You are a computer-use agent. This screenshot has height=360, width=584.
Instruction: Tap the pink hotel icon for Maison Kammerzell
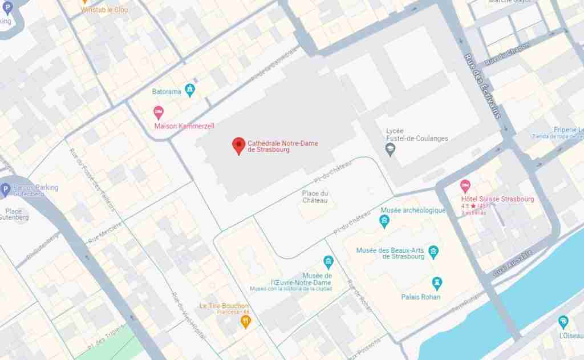point(159,112)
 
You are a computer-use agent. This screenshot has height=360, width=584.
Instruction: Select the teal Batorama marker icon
point(190,90)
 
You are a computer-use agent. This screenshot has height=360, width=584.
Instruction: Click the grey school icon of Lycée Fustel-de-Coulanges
point(391,150)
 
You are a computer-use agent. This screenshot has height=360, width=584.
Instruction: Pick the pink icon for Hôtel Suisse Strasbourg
point(465,186)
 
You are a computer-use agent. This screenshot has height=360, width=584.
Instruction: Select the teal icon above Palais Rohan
point(437,283)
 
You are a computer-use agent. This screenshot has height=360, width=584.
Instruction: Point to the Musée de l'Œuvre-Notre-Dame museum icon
point(328,262)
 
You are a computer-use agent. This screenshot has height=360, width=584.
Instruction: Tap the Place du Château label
point(315,197)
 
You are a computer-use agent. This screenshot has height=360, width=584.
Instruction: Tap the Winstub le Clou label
point(104,10)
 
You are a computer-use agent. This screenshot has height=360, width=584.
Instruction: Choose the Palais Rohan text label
point(421,297)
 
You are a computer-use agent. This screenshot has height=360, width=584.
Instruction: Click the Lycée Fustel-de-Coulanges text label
point(417,135)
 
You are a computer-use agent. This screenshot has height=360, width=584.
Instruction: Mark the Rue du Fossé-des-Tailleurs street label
point(91,178)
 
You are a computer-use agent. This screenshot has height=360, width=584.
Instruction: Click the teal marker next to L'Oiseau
point(563,322)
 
